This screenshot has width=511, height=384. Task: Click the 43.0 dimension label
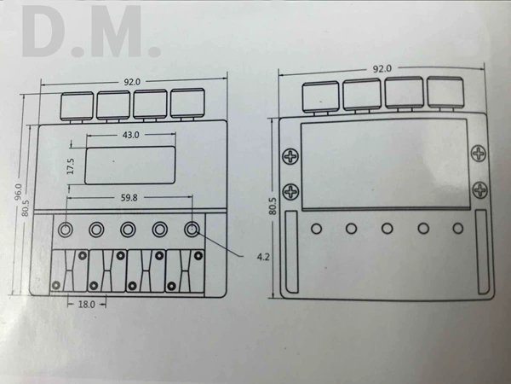pos(130,135)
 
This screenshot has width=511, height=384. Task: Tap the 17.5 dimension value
pos(71,166)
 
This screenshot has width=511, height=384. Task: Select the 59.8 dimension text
pos(129,198)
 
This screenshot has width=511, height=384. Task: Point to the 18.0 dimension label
pos(86,305)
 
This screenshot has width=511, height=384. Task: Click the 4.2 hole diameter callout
pos(263,257)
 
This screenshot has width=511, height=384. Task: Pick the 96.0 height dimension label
pos(18,192)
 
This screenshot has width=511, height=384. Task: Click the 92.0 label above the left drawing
pos(132,82)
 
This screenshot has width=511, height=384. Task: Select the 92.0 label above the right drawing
pos(382,68)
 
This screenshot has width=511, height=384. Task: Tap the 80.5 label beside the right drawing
pos(273,206)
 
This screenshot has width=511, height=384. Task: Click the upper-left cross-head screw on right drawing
pos(290,156)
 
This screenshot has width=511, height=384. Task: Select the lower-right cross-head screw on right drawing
pos(480,189)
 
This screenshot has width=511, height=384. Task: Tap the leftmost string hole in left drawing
pos(66,230)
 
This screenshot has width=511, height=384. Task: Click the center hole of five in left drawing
pos(128,230)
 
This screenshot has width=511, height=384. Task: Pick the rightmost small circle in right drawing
pos(458,228)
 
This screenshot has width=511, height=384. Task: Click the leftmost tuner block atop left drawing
pos(77,107)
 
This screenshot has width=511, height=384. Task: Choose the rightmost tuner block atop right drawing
pos(445,92)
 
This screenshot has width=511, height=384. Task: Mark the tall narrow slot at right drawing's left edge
pos(291,252)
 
